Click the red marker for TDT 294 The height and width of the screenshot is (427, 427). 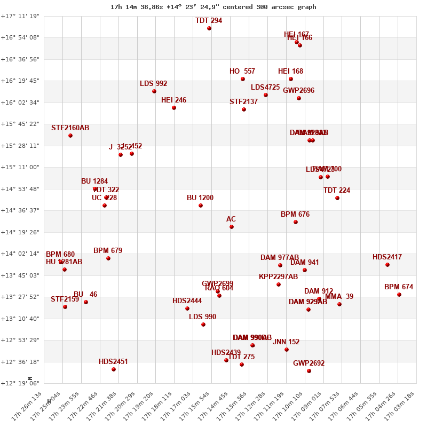209,28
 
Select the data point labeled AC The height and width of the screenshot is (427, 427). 232,227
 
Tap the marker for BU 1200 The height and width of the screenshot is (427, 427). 201,205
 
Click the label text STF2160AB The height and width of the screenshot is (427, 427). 70,128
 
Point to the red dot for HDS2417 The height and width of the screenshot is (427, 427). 388,265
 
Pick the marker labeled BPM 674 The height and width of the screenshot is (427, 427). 399,295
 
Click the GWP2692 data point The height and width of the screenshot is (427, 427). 309,371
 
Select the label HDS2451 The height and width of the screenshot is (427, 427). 113,361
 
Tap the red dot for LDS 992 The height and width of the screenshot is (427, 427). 154,91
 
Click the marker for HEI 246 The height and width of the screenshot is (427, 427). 174,108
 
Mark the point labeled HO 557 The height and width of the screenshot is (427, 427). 243,79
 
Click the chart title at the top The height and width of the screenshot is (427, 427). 213,7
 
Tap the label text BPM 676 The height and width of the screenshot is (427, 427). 295,215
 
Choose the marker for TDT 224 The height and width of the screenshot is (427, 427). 337,198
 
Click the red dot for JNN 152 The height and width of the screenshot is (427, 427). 287,350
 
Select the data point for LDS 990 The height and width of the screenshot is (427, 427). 203,325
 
